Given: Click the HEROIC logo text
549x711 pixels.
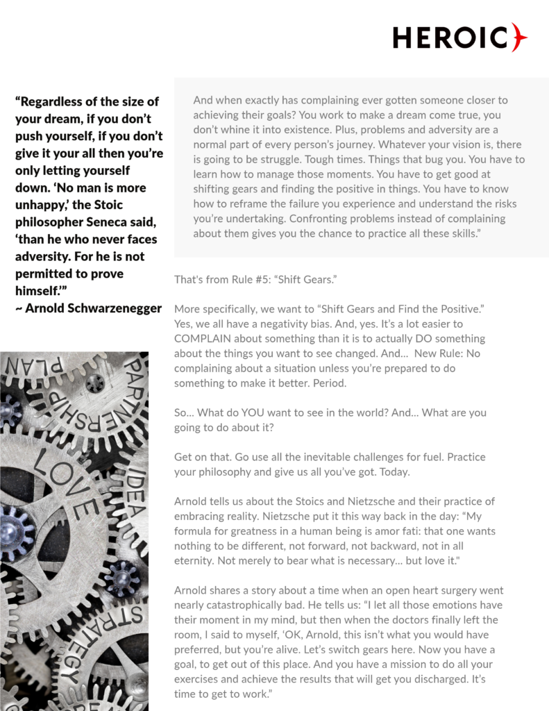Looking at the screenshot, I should point(450,37).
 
